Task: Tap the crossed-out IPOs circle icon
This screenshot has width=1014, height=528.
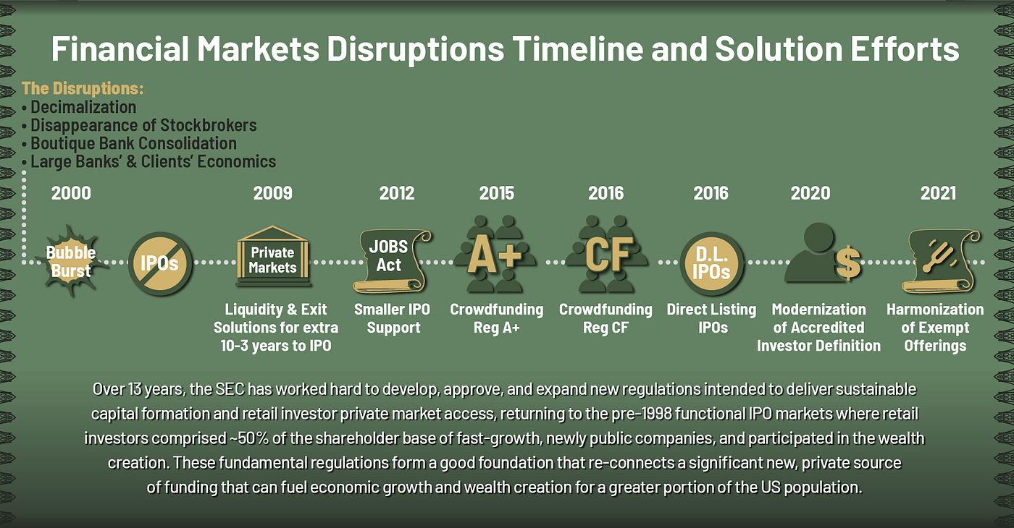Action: (x=159, y=263)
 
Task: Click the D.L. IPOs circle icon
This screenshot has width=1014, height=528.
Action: (x=711, y=263)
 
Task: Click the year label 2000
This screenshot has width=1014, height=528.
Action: (x=72, y=193)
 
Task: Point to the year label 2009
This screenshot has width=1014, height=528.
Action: (x=272, y=193)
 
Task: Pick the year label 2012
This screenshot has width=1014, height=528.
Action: (x=397, y=193)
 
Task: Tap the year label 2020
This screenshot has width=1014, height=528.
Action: (x=810, y=193)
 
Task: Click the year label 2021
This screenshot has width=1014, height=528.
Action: (x=938, y=193)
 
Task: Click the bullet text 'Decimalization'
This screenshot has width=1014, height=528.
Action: (x=83, y=107)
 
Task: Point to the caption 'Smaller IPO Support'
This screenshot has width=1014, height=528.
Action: (x=392, y=318)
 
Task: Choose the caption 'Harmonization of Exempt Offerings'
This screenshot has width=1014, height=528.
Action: (x=934, y=328)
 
